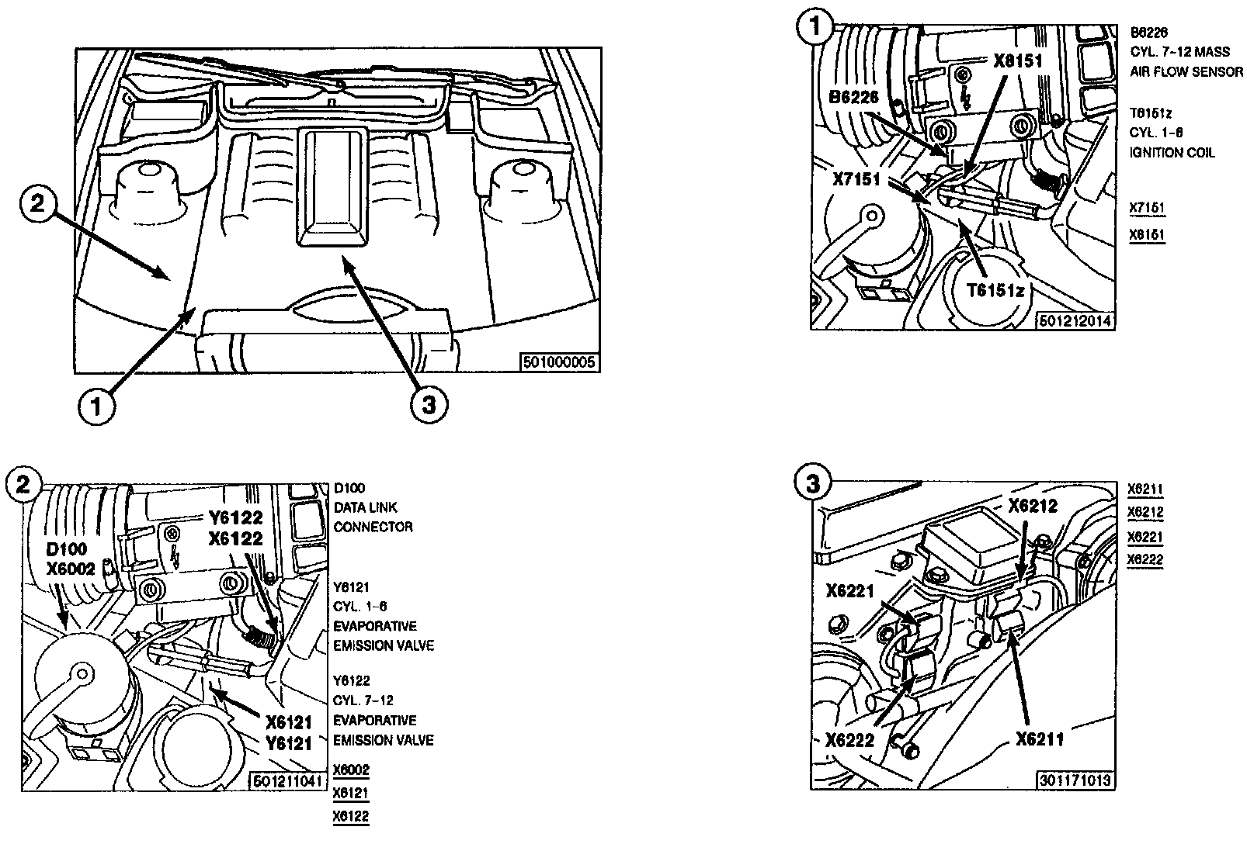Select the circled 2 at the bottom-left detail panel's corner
[x=23, y=484]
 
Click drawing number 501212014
[x=1076, y=320]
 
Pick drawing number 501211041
[x=285, y=781]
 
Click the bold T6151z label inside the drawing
[x=995, y=290]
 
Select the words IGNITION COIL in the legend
[x=1172, y=153]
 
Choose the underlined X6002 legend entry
[x=351, y=770]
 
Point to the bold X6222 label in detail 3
[x=850, y=740]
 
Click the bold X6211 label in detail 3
[x=1040, y=740]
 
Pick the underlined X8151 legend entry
[x=1148, y=233]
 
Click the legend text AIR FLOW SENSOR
[x=1187, y=72]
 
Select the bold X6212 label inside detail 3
[x=1033, y=506]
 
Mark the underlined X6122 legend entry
[x=351, y=816]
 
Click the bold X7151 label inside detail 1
[x=856, y=180]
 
